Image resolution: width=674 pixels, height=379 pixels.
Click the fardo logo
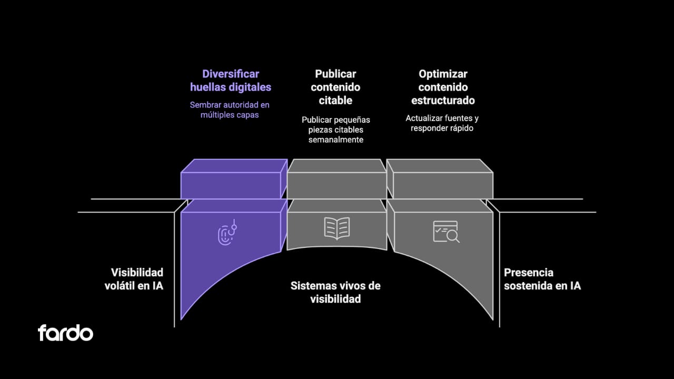click(65, 333)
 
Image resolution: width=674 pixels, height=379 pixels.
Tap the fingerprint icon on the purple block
click(227, 232)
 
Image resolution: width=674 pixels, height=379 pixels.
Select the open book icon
click(336, 228)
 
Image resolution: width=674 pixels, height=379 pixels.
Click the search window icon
click(445, 231)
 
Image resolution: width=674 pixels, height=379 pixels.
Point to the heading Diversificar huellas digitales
click(231, 81)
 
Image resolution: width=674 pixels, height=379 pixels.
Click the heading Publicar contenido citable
click(335, 87)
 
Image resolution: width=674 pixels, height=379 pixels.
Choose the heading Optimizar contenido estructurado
click(443, 87)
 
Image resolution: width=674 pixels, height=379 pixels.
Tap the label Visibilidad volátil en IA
click(137, 279)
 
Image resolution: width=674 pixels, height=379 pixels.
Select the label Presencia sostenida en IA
click(542, 279)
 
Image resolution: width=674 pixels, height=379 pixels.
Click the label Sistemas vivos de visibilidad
click(335, 292)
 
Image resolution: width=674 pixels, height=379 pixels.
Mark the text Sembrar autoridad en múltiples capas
click(230, 109)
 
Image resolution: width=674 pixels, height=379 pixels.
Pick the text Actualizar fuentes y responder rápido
click(442, 123)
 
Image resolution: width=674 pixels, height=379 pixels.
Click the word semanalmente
click(336, 139)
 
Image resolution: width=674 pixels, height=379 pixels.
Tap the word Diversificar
click(231, 74)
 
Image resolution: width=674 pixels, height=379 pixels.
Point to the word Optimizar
click(443, 74)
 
